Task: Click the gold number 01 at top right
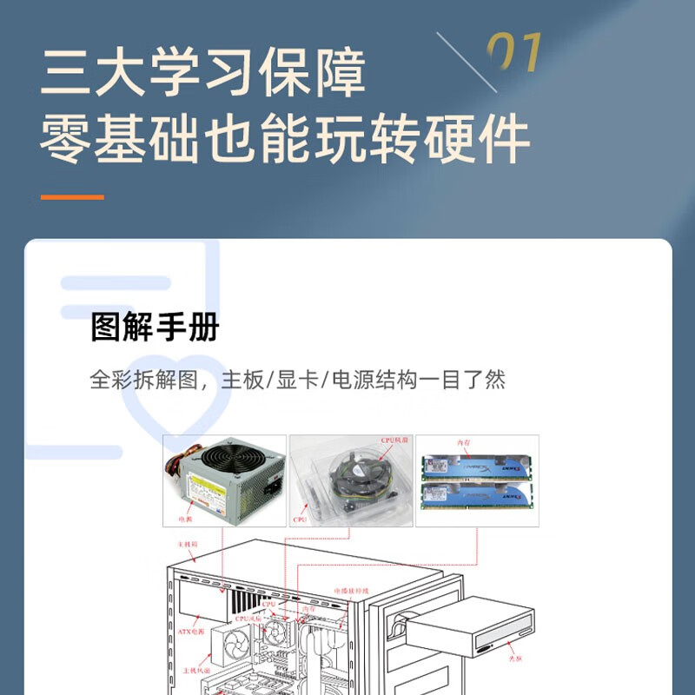point(513,55)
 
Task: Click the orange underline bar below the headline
point(72,197)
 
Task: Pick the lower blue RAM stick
point(477,498)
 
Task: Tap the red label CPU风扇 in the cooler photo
point(394,440)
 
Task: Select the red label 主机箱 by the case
point(188,543)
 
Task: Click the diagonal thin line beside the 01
point(466,61)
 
